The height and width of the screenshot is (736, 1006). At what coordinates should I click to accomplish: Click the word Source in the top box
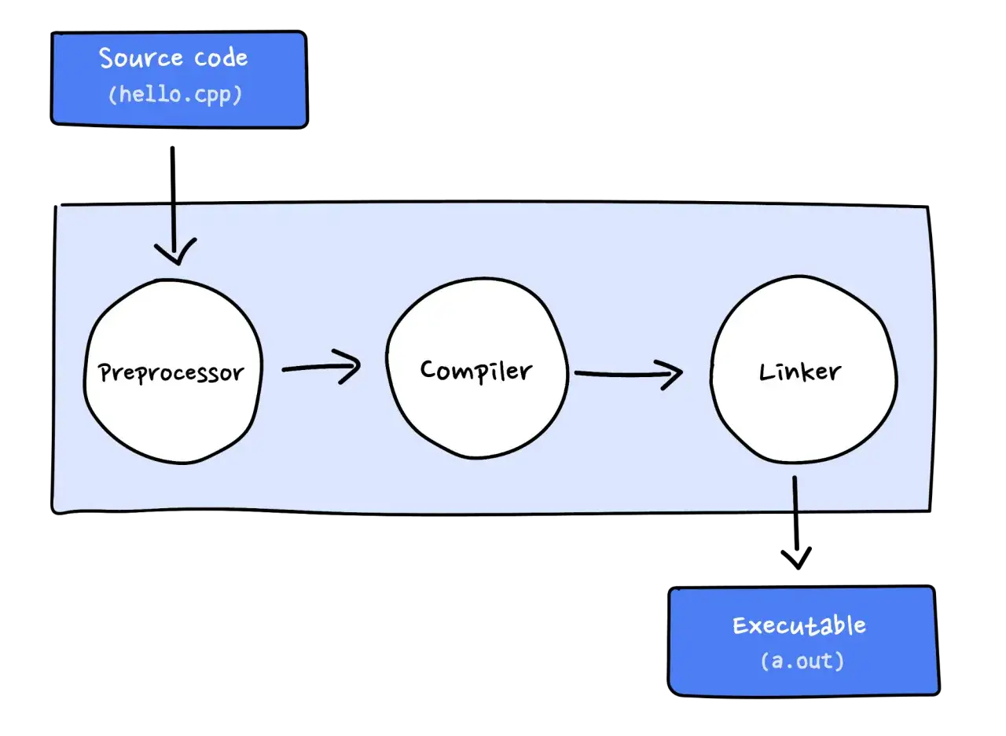[141, 58]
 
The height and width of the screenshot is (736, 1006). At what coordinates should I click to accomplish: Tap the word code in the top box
[221, 58]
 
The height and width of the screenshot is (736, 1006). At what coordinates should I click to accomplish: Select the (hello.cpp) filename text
[175, 95]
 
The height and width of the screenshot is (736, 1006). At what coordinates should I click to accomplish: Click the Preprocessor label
[171, 373]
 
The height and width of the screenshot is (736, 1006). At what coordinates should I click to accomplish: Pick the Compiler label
[476, 371]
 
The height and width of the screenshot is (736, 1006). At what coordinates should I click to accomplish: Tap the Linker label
[800, 372]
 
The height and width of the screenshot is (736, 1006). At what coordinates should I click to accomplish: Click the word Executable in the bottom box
[799, 625]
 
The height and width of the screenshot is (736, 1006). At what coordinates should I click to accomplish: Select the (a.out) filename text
[802, 661]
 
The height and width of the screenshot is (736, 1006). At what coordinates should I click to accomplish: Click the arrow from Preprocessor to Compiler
[321, 367]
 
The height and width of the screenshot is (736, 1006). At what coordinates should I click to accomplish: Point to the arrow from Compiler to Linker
[629, 374]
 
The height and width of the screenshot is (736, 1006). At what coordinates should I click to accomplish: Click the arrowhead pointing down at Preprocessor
[175, 251]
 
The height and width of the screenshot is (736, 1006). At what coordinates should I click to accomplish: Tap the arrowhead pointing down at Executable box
[796, 558]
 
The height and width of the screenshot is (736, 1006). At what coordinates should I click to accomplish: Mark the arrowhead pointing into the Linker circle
[670, 375]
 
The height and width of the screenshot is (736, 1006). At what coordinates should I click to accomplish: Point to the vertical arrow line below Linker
[796, 522]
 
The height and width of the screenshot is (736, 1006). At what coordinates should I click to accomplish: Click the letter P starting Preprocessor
[105, 372]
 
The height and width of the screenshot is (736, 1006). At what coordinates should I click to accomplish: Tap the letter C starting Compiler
[428, 369]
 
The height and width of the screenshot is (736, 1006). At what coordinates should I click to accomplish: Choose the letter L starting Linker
[766, 372]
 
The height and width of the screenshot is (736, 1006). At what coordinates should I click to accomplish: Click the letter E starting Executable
[740, 625]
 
